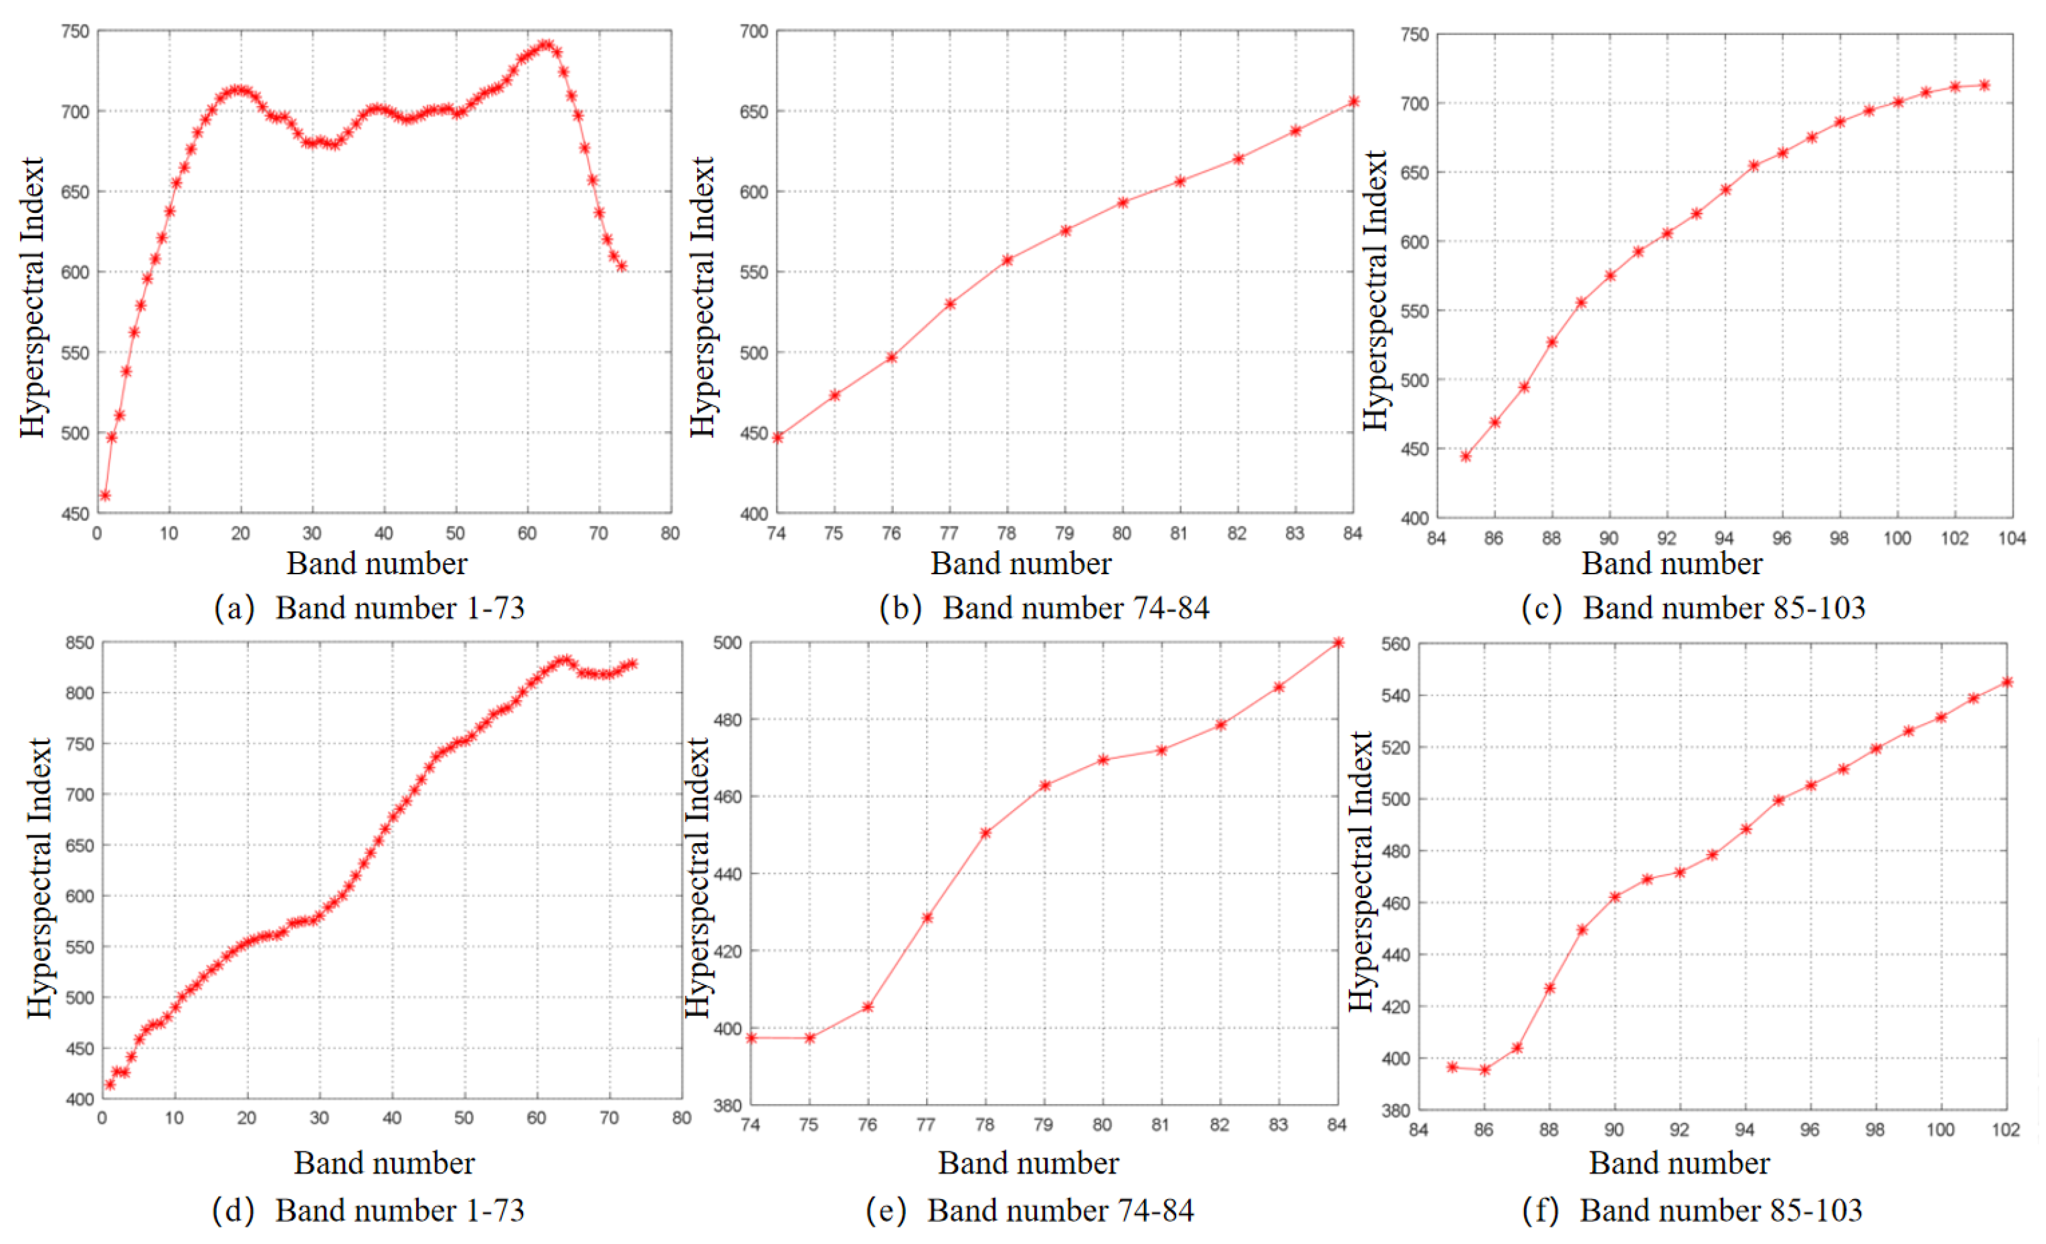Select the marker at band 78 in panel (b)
coord(1008,260)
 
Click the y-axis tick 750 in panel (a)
coord(75,32)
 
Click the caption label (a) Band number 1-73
coord(369,609)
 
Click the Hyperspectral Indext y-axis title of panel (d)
coord(39,878)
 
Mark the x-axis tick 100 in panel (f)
coord(1941,1130)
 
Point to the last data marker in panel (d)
coord(633,664)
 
